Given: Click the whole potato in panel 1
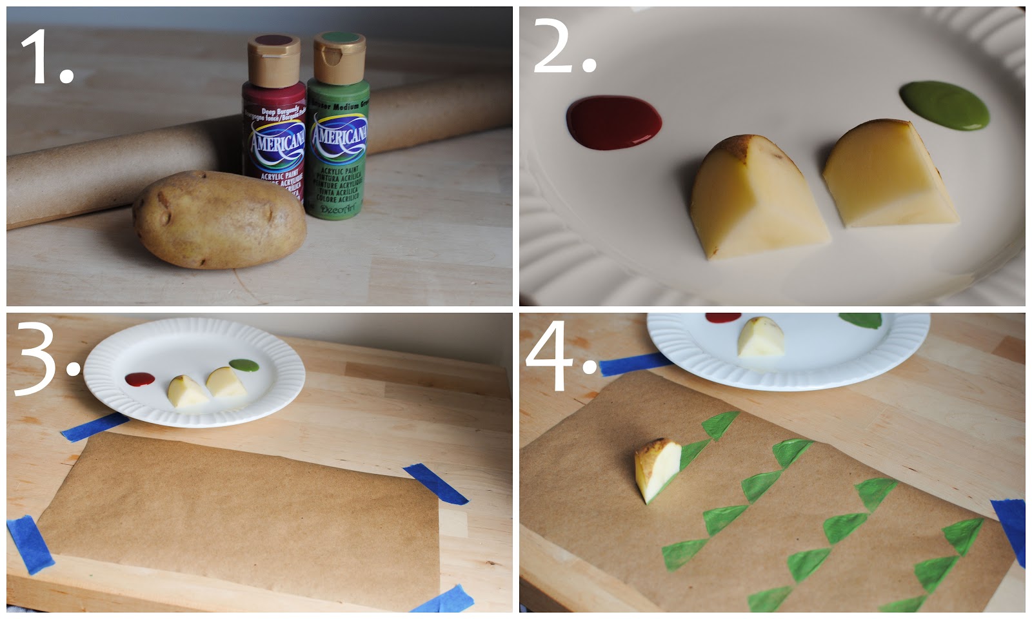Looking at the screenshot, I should (219, 219).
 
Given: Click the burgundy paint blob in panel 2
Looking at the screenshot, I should (613, 121).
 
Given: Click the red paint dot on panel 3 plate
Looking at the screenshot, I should (139, 379).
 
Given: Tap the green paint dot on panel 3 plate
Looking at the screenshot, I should (244, 366).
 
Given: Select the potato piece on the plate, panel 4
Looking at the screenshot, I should (761, 337).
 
